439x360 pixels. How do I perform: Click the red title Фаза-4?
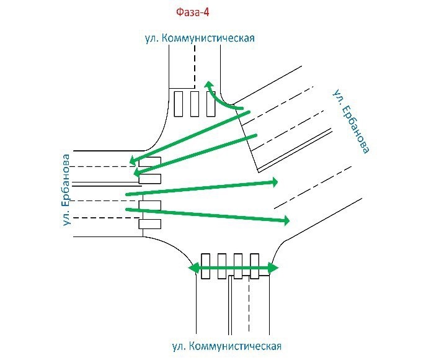(x=193, y=12)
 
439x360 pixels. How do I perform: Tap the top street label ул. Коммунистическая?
(x=200, y=38)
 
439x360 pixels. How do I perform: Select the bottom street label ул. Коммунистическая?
(x=226, y=346)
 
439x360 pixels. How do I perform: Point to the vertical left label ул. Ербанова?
(x=66, y=190)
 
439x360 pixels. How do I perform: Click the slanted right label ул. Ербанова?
(x=351, y=121)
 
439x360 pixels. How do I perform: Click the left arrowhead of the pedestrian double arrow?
(x=193, y=268)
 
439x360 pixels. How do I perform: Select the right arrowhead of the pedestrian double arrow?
(x=273, y=268)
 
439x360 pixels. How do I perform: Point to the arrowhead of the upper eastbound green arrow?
(x=274, y=182)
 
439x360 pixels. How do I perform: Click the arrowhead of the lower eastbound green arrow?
(x=286, y=220)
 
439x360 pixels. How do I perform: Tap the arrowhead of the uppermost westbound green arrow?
(x=134, y=161)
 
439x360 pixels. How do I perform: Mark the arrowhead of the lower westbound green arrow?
(x=138, y=172)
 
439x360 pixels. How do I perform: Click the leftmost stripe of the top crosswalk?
(x=179, y=104)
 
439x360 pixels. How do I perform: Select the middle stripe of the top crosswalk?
(x=195, y=104)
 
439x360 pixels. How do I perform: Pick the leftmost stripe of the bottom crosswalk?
(x=205, y=266)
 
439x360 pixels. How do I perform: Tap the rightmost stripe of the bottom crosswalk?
(x=254, y=266)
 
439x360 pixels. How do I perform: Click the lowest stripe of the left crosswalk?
(x=150, y=224)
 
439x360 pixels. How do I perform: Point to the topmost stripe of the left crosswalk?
(x=150, y=161)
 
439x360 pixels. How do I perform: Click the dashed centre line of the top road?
(x=195, y=66)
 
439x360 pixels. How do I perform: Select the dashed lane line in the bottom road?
(x=249, y=304)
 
